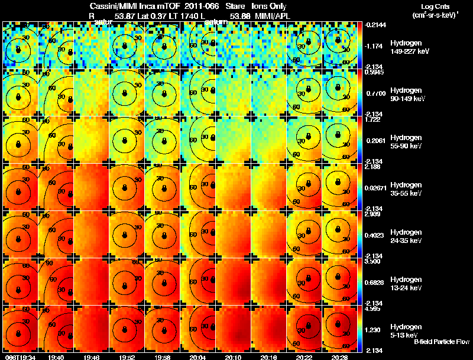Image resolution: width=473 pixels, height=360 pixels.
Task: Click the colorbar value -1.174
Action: [x=374, y=46]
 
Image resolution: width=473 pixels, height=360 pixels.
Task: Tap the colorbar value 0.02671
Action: [x=376, y=187]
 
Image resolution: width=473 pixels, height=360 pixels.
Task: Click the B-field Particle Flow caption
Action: [x=442, y=341]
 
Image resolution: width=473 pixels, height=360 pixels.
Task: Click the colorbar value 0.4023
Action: [x=375, y=235]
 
